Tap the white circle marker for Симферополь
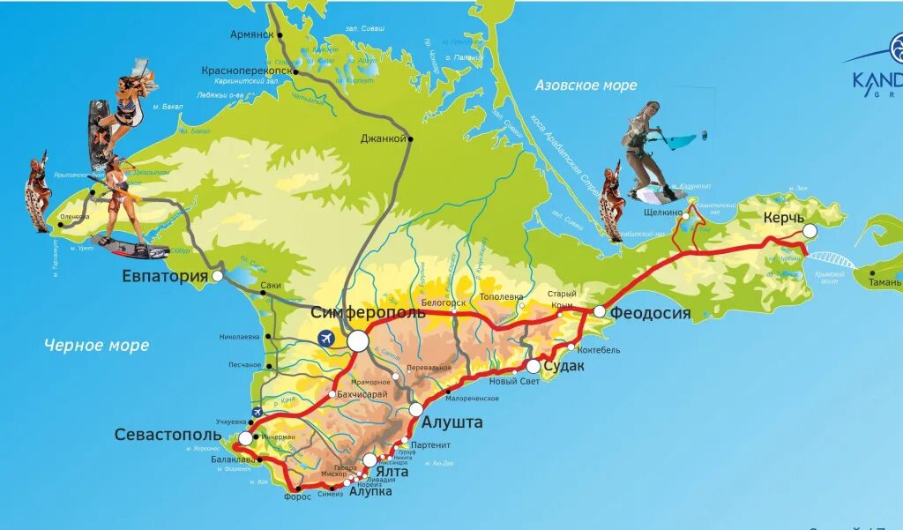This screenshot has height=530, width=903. [x=358, y=340]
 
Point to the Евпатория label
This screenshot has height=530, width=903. [x=165, y=277]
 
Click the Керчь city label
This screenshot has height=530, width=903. [x=784, y=217]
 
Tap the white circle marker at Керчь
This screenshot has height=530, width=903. [x=810, y=231]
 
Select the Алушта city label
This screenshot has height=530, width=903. [x=457, y=422]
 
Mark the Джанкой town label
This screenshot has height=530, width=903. [x=383, y=138]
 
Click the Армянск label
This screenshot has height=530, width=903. [x=252, y=34]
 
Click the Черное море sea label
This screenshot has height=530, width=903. [x=97, y=345]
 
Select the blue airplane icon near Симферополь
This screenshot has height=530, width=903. [x=325, y=338]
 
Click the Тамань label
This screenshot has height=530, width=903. [x=882, y=282]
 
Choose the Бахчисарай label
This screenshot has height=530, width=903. [x=362, y=394]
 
